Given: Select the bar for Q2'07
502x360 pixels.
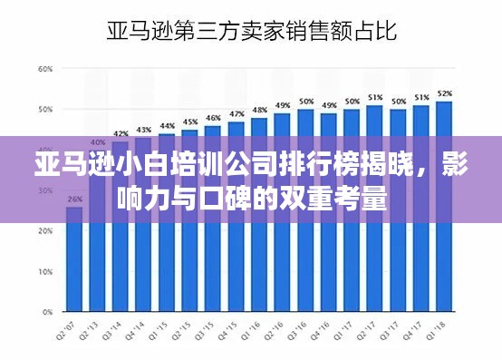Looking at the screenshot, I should click(x=73, y=263).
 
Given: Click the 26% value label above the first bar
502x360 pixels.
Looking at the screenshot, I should click(x=73, y=199).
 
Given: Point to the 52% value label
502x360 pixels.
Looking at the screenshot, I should click(x=444, y=93).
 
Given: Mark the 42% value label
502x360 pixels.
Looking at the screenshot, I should click(x=121, y=133).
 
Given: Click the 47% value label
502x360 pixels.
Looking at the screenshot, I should click(x=237, y=113).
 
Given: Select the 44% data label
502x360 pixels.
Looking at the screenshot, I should click(x=167, y=126).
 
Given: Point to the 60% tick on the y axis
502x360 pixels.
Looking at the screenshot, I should click(x=44, y=69).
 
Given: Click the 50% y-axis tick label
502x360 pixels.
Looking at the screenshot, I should click(x=44, y=109).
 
